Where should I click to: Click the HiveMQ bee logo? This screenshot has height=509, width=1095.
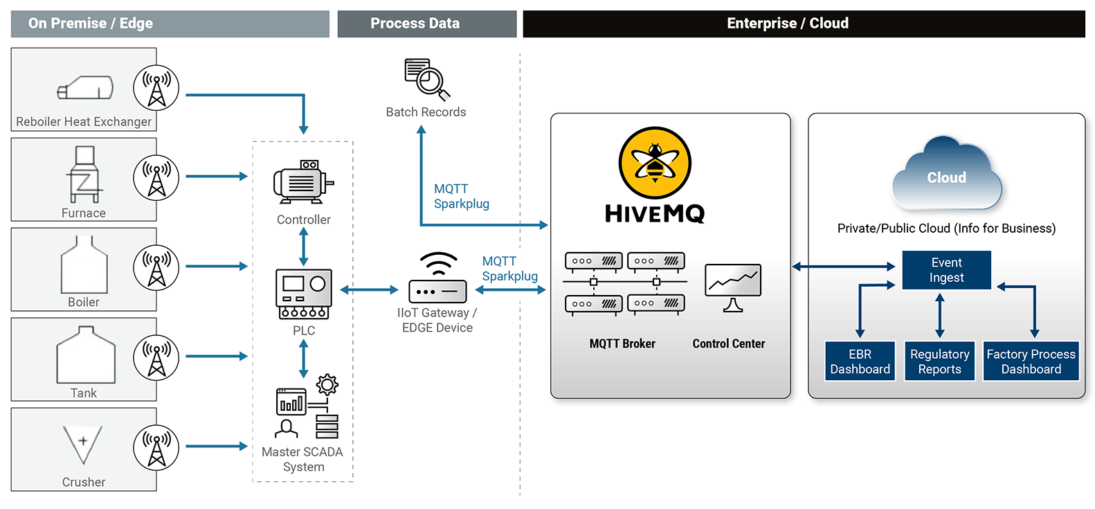655,163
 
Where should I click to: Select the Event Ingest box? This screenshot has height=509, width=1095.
946,270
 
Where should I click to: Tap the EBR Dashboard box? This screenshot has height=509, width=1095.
860,361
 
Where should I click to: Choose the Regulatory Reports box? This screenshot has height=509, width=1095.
939,361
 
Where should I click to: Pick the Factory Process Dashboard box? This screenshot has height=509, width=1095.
1031,361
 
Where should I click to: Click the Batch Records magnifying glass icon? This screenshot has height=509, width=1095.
427,79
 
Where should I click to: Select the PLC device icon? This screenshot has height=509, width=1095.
304,294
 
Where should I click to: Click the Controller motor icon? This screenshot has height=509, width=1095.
304,182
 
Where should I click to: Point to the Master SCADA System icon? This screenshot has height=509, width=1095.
307,407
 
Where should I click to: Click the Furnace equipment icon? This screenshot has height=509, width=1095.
84,174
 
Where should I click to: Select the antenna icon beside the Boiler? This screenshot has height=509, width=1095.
156,267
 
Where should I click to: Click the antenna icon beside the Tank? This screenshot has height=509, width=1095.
156,357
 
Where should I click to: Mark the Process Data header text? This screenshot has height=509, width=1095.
415,23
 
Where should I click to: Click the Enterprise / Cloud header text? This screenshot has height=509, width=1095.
788,23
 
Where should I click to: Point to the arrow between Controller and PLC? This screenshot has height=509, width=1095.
304,247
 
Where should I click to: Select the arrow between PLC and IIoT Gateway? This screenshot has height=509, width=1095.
369,290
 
